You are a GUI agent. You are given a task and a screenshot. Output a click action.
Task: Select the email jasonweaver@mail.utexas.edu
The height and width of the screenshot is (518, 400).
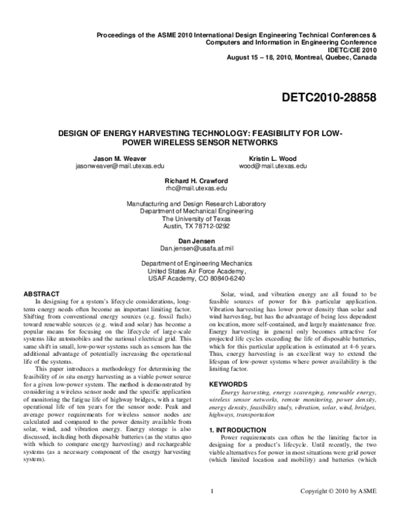[120, 164]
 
